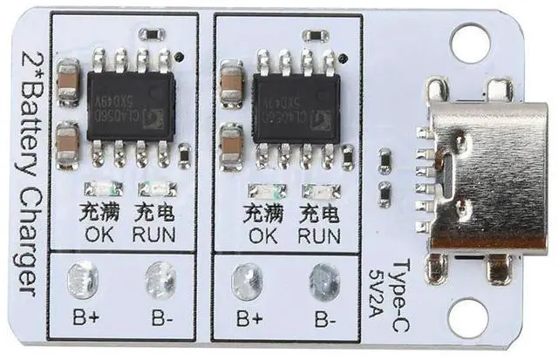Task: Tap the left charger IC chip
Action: point(130,107)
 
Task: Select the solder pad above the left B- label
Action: point(160,280)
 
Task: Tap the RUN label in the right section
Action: point(318,236)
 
